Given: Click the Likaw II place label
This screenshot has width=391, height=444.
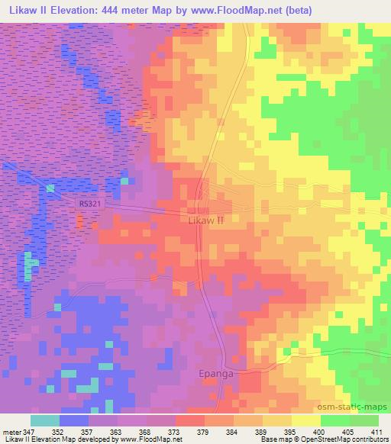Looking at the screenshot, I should pos(205,220).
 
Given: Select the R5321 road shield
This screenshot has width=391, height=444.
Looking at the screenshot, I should pos(89,204).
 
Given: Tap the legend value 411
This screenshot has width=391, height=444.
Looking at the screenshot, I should pos(380,431).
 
